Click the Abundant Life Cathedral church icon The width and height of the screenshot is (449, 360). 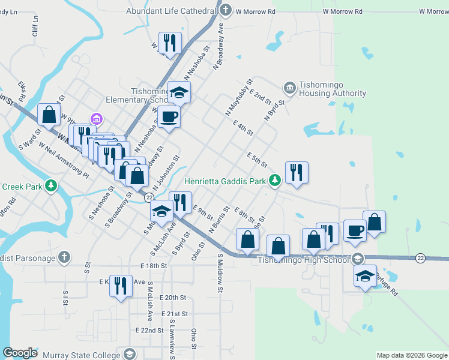tap(226, 10)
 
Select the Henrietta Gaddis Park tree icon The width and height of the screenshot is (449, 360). tap(275, 179)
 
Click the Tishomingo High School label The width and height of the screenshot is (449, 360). tap(303, 260)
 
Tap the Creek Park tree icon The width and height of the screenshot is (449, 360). tap(52, 186)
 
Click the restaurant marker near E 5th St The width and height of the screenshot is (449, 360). tap(297, 173)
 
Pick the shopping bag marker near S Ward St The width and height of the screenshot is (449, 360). tap(49, 115)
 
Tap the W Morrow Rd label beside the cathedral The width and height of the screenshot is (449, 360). tap(255, 11)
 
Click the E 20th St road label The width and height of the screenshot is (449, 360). tap(173, 298)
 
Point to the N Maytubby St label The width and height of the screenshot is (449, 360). tap(237, 97)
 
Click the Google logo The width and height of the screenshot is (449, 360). tap(20, 353)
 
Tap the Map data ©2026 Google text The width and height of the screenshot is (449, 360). tap(412, 355)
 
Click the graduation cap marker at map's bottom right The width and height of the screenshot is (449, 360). tap(364, 277)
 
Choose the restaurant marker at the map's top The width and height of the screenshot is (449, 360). tap(169, 43)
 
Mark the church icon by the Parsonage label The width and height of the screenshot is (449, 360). tap(65, 258)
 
